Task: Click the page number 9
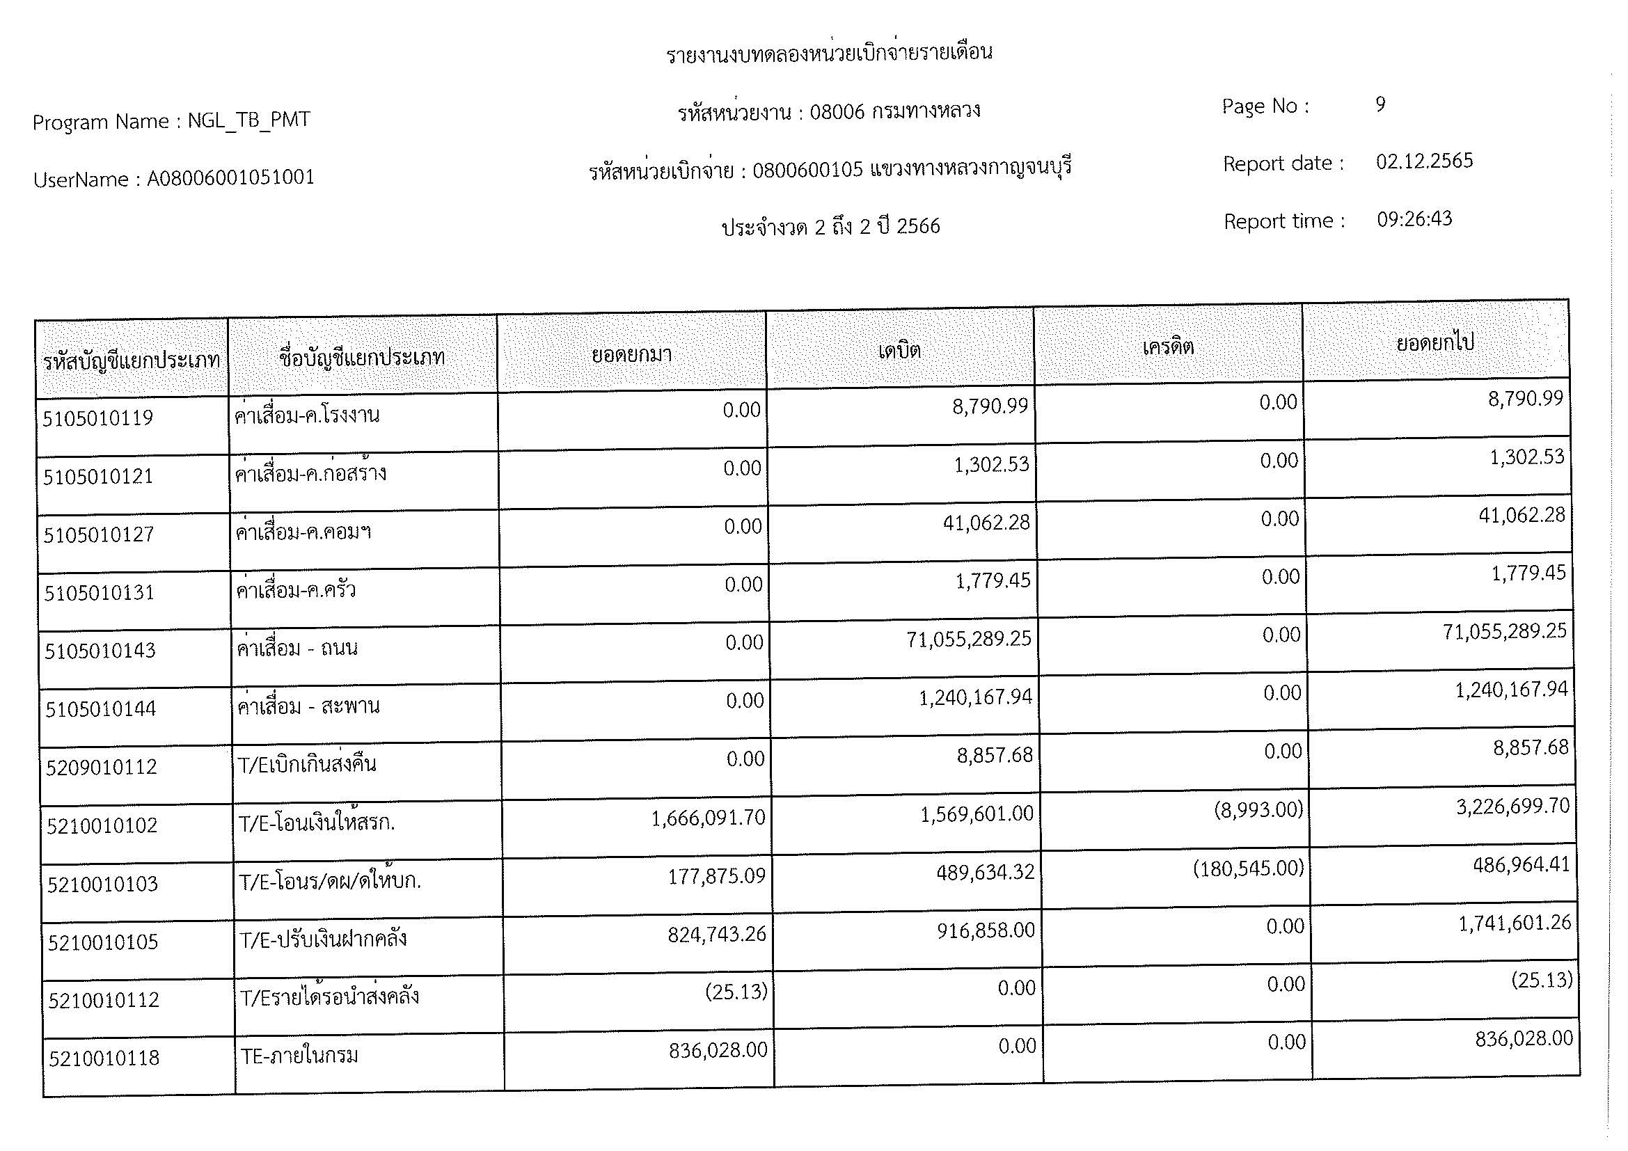coord(1380,105)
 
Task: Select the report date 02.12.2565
coord(1424,161)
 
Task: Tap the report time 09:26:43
coord(1414,219)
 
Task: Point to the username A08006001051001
coord(230,178)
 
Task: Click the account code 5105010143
coord(100,651)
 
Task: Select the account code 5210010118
coord(104,1058)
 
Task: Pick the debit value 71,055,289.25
coord(969,640)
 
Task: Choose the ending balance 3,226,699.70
coord(1512,807)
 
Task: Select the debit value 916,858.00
coord(986,930)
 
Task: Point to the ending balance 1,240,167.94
coord(1511,690)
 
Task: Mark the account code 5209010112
coord(102,767)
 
